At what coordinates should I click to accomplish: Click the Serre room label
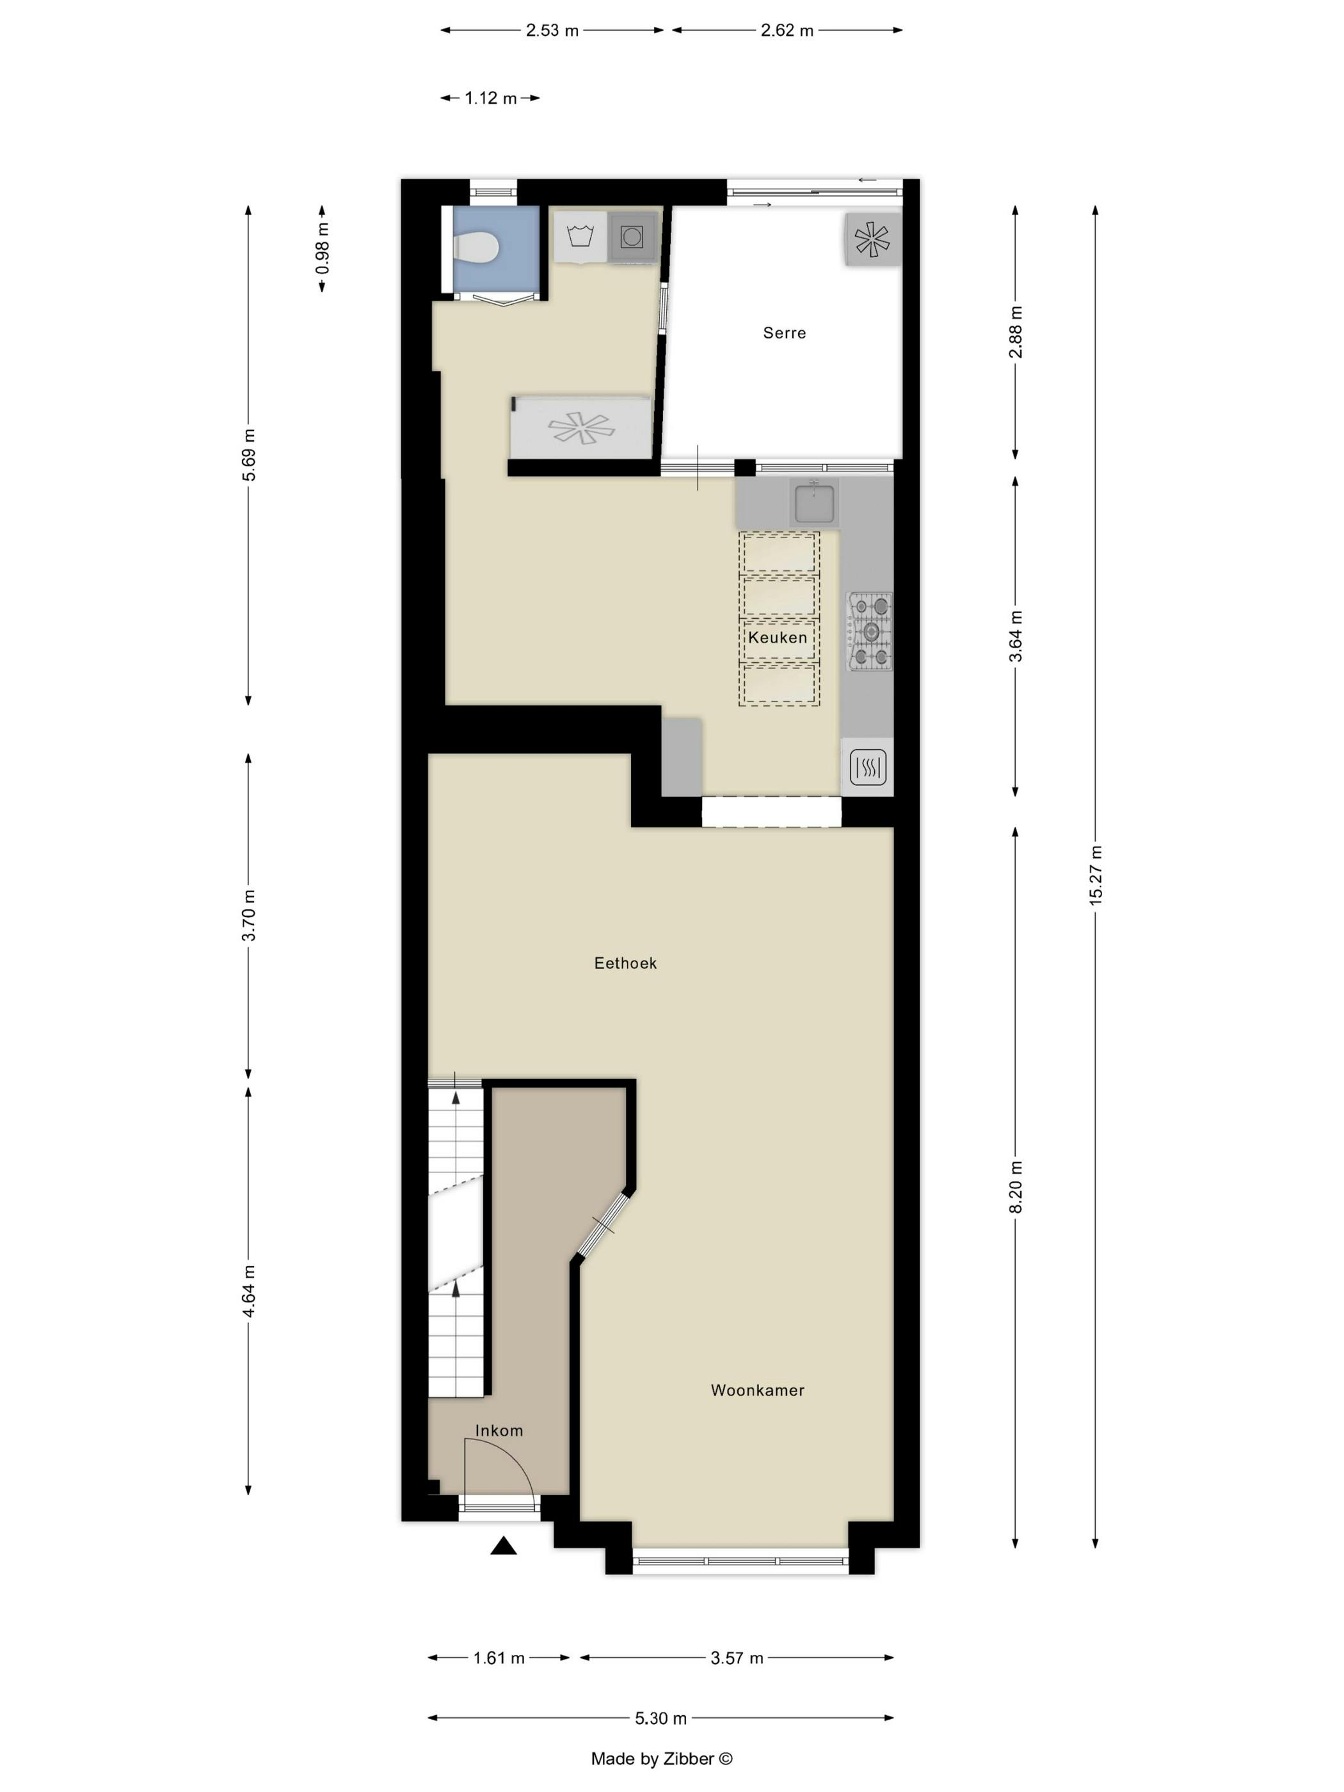click(x=783, y=332)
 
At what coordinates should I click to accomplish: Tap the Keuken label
click(x=777, y=637)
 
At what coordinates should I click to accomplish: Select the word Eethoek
click(x=625, y=963)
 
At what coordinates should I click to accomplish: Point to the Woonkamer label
click(x=756, y=1390)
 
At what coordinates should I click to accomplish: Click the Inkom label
click(x=498, y=1430)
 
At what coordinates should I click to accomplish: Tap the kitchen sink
click(x=813, y=502)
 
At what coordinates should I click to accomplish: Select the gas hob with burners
click(x=870, y=631)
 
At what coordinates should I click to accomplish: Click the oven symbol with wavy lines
click(x=868, y=765)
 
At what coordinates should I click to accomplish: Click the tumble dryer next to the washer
click(x=632, y=237)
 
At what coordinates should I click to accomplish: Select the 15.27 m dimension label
click(x=1095, y=875)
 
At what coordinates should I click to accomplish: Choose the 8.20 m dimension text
click(x=1015, y=1186)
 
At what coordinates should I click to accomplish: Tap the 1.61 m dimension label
click(x=498, y=1658)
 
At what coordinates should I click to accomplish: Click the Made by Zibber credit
click(x=661, y=1759)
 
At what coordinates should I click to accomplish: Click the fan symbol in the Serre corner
click(x=872, y=239)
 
